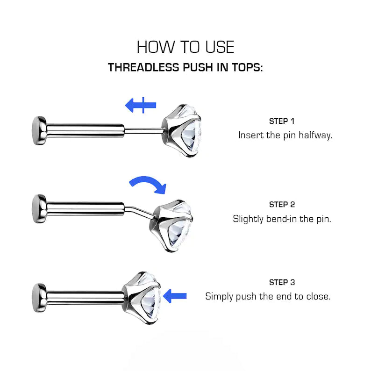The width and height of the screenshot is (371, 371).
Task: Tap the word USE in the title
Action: tap(220, 47)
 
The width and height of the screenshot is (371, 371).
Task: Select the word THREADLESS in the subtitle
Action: tap(143, 67)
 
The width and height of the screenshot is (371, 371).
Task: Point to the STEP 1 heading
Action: tap(282, 121)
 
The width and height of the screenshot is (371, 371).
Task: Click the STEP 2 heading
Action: tap(282, 205)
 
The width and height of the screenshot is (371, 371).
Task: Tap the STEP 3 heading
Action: tap(282, 282)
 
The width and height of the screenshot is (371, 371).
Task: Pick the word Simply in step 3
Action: tap(219, 297)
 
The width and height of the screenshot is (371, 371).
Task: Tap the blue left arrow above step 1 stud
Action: tap(141, 105)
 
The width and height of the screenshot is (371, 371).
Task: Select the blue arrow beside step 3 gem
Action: tap(175, 296)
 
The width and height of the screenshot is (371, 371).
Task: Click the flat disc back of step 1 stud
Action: tap(39, 130)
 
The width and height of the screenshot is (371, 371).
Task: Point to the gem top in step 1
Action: tap(182, 131)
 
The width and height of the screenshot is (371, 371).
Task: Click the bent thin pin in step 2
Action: tap(139, 212)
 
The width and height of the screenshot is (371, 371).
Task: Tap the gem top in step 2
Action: tap(171, 226)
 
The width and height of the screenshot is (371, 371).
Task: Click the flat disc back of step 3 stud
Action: tap(39, 298)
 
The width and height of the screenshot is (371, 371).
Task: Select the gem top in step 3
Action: tap(142, 298)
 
